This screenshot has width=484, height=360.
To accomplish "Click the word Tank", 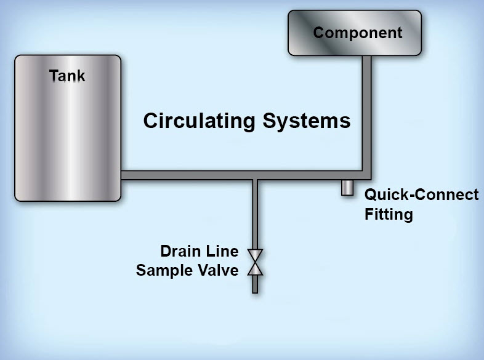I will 67,76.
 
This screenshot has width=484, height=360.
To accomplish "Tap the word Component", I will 357,33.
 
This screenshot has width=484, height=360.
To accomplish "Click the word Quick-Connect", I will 421,195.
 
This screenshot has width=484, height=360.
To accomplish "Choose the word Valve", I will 220,270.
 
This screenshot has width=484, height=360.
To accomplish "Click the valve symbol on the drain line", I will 255,262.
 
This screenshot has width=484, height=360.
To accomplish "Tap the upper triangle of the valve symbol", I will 255,255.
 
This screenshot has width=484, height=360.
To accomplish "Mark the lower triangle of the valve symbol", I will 255,269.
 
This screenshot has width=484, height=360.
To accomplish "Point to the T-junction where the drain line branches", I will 255,175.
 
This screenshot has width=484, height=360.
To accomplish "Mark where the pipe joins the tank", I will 123,175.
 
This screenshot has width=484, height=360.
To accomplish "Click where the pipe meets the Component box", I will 366,57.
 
